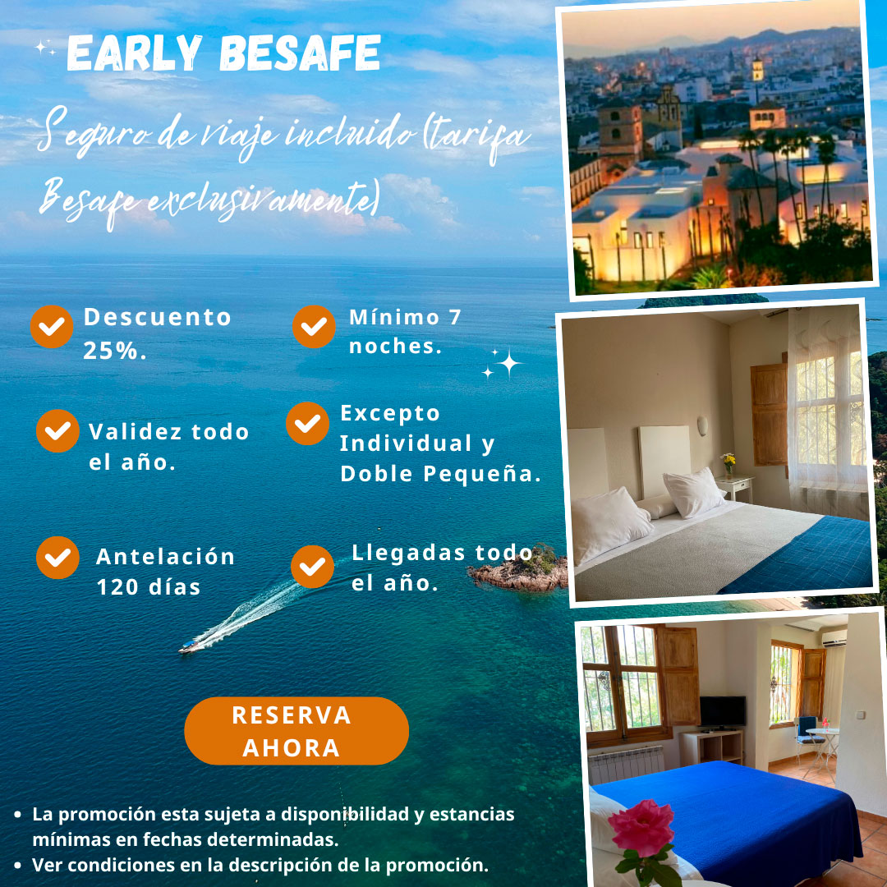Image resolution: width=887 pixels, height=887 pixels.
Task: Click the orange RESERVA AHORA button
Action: pos(296,731)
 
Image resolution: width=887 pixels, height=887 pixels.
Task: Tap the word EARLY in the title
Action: pos(134,53)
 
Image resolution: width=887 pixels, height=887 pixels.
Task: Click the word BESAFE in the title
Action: pos(300,53)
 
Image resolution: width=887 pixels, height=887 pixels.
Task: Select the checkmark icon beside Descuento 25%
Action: pos(52,326)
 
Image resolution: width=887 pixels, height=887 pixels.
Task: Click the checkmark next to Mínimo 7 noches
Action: pos(314,326)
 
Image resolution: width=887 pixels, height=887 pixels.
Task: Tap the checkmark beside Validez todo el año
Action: pos(57,431)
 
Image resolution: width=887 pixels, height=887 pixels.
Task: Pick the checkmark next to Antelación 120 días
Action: pos(57,558)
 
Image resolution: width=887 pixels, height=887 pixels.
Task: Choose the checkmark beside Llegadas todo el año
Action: pos(312,567)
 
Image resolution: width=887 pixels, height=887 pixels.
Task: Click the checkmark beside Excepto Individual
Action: pos(307,423)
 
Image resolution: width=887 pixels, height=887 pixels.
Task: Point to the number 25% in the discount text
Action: pos(115,351)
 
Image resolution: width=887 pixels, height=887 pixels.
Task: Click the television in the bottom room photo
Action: pos(723,712)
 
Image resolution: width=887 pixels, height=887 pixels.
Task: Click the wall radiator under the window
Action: pos(626,764)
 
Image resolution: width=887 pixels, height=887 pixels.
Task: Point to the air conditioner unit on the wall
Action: pos(834,638)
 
